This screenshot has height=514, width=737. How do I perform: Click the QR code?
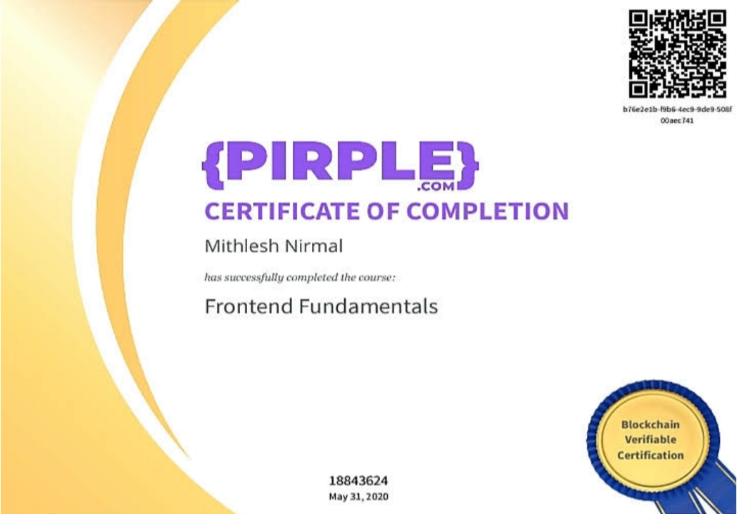(677, 54)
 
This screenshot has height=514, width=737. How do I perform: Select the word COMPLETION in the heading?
(488, 211)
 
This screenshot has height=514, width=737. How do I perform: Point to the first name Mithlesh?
(242, 246)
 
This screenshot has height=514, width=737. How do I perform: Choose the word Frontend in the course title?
(249, 306)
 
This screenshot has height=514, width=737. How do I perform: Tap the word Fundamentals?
(368, 306)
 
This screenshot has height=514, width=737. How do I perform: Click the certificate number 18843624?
(359, 480)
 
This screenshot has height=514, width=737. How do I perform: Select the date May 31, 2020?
(359, 497)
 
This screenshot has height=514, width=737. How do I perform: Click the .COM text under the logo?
(436, 186)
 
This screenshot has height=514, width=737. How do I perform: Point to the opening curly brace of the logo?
(213, 165)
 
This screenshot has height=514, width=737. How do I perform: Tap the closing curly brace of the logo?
(467, 165)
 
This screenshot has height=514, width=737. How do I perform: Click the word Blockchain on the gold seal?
(650, 425)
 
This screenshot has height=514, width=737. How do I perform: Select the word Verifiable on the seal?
(650, 440)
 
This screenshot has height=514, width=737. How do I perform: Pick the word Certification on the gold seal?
(650, 455)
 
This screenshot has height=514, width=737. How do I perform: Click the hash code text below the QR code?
(677, 115)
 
